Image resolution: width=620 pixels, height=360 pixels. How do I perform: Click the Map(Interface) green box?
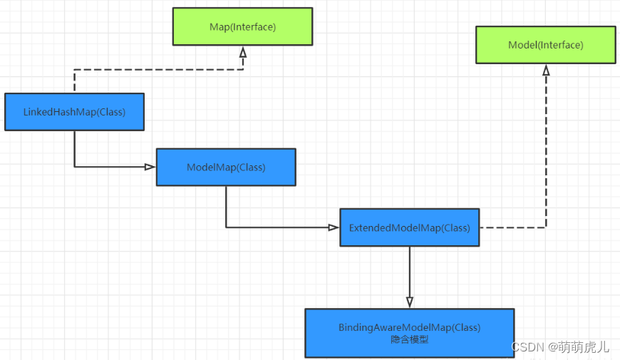click(x=242, y=26)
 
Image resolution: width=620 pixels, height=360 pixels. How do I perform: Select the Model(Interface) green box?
click(x=545, y=45)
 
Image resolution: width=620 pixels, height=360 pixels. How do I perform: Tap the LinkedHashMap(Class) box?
click(x=74, y=112)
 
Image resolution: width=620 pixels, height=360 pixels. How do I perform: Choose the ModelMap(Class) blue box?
click(x=226, y=168)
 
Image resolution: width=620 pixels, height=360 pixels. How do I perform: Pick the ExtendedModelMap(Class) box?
click(x=409, y=228)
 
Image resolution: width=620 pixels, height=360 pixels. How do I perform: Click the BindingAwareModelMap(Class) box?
click(x=409, y=332)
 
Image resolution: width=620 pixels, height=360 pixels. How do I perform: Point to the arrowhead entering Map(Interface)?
click(x=242, y=52)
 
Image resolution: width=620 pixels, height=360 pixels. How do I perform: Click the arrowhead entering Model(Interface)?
click(x=546, y=70)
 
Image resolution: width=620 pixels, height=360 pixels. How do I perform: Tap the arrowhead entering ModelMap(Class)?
click(x=150, y=167)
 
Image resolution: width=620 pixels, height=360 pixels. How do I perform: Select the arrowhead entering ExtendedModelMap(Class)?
click(x=333, y=227)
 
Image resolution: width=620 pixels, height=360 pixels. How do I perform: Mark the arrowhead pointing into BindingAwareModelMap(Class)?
click(x=409, y=302)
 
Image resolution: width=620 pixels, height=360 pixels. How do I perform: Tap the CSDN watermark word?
click(x=527, y=347)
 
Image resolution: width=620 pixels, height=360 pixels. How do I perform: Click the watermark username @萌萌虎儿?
click(x=578, y=347)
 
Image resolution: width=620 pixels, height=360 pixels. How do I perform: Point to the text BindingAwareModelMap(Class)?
click(x=409, y=327)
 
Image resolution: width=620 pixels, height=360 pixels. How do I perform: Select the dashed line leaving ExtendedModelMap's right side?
click(x=513, y=227)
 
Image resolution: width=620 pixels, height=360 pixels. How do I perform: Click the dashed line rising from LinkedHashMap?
click(x=74, y=81)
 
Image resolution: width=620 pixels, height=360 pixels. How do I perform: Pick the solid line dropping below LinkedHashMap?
click(x=74, y=150)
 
